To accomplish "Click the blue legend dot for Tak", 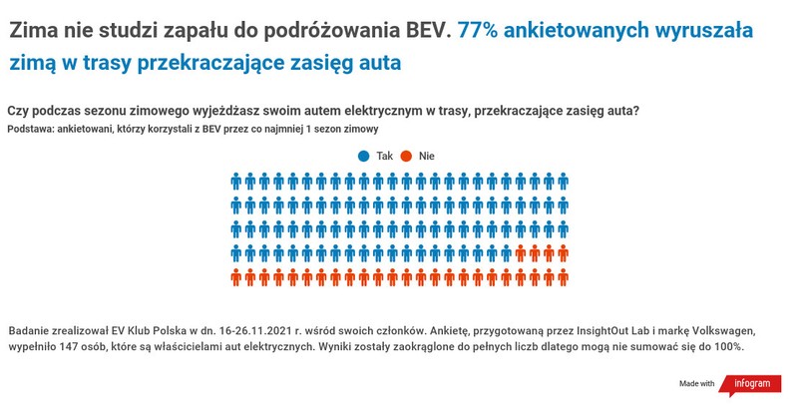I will point(364,156).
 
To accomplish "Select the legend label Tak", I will point(384,156).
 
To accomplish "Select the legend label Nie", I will point(427,156).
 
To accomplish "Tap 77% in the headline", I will point(478,30).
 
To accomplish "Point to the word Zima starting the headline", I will point(34,30).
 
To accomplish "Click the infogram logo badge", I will point(751,383).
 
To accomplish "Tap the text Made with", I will point(696,384).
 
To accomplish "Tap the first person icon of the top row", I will point(237,182).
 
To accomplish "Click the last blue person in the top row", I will point(563,182).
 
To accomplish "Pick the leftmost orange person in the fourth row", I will point(521,253).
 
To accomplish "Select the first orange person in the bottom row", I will point(237,277).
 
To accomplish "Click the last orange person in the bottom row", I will point(563,277).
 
